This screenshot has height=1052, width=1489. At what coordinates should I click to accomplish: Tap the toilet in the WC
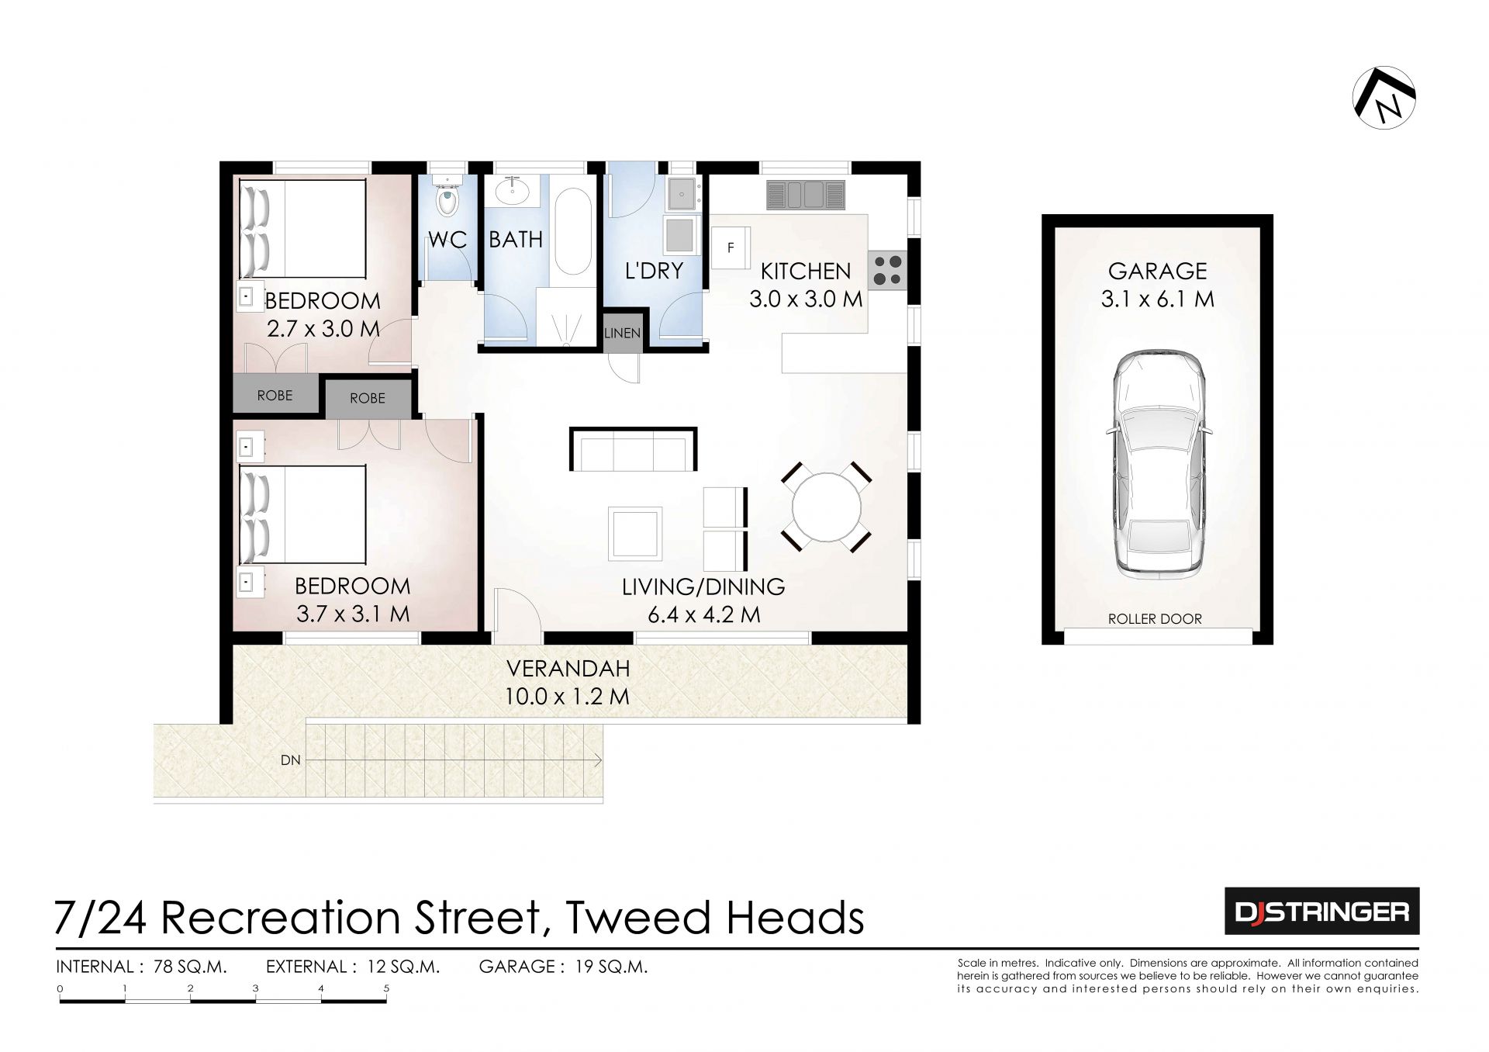pos(447,199)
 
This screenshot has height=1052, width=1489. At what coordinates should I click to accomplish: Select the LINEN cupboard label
pos(622,333)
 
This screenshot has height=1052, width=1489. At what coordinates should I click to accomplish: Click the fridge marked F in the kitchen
pos(731,247)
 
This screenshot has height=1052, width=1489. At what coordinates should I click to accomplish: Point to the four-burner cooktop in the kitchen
pos(888,270)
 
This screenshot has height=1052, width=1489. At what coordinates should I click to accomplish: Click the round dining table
pos(827,507)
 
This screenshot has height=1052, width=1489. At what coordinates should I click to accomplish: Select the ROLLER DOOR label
pos(1155,619)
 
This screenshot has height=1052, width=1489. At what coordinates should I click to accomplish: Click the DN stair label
pos(291,760)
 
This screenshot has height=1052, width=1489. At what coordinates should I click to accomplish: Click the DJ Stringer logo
pos(1321,911)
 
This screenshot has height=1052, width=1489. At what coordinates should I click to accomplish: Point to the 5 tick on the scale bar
pos(386,988)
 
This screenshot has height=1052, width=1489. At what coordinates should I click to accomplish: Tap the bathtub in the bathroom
pos(573,231)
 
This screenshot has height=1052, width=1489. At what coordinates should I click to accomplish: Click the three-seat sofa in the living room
pos(633,449)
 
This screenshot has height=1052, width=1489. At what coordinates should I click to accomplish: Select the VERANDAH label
pos(568,668)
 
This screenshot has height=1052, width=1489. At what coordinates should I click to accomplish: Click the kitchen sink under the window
pos(805,194)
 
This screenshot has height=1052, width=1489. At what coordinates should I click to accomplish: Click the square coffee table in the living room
pos(635,533)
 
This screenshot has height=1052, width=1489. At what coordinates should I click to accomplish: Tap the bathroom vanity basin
pos(512,190)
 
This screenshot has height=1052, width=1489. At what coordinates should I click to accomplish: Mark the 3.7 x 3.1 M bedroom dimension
pos(353,614)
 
